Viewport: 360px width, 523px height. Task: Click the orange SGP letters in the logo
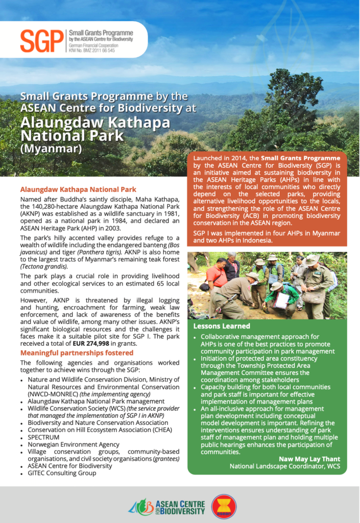coord(41,41)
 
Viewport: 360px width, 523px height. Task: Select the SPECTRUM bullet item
coord(43,437)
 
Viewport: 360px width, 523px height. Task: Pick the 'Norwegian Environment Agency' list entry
coord(74,444)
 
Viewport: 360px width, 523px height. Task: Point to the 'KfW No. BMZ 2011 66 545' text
coord(91,51)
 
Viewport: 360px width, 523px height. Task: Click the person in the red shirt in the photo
coord(217,276)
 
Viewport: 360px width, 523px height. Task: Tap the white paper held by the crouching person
coord(281,300)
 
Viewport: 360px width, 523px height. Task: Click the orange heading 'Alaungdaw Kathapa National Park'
coord(78,189)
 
